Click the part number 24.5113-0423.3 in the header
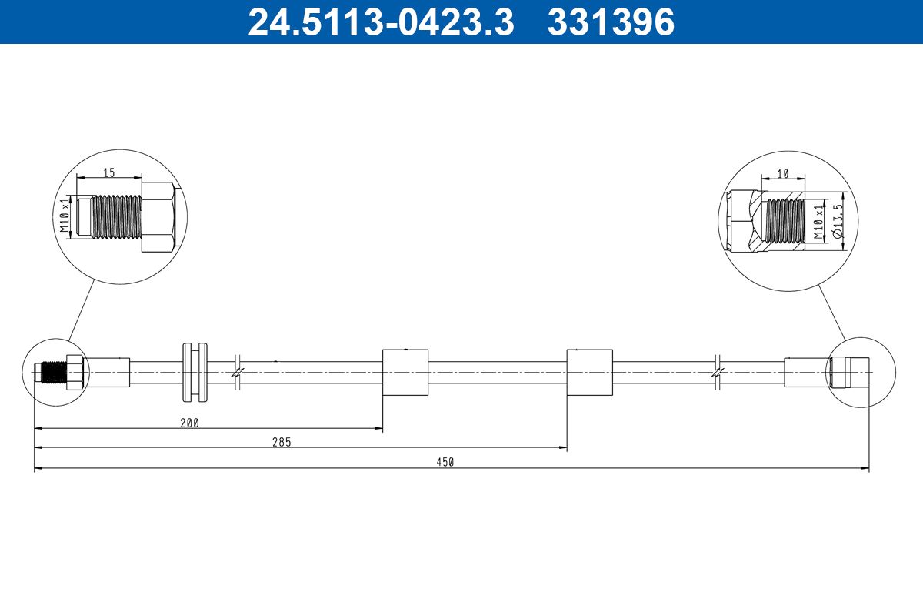tap(381, 22)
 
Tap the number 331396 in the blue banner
tap(611, 22)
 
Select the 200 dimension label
tap(189, 423)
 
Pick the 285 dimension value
tap(282, 442)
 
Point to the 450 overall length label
tap(445, 462)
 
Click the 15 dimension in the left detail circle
tap(108, 172)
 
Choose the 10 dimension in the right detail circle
tap(782, 174)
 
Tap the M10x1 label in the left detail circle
tap(65, 216)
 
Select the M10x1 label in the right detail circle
tap(818, 223)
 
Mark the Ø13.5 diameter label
tap(838, 221)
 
